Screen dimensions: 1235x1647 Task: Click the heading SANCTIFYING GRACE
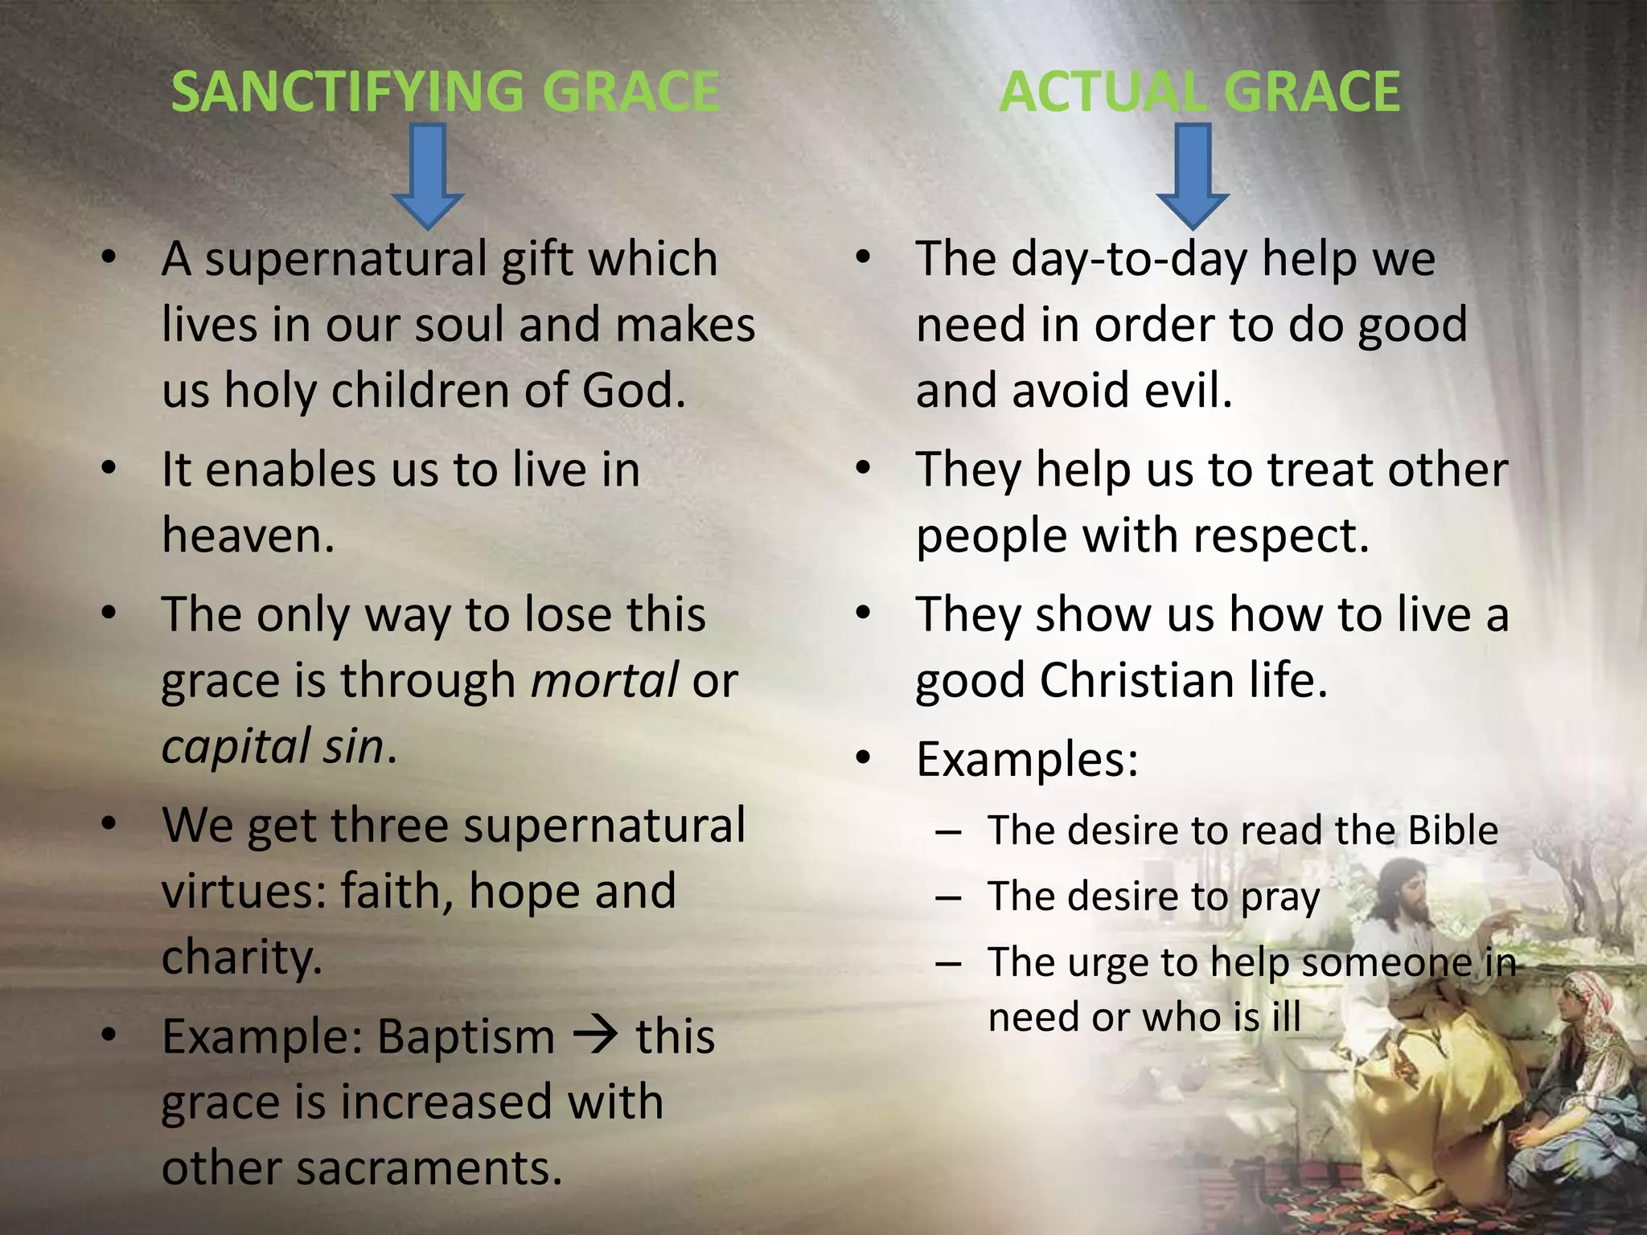pyautogui.click(x=445, y=91)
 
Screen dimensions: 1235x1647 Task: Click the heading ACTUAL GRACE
pyautogui.click(x=1199, y=91)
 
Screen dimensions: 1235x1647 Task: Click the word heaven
pyautogui.click(x=247, y=535)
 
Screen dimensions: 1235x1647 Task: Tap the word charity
pyautogui.click(x=241, y=957)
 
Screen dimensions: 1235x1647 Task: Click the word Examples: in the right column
pyautogui.click(x=1027, y=758)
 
